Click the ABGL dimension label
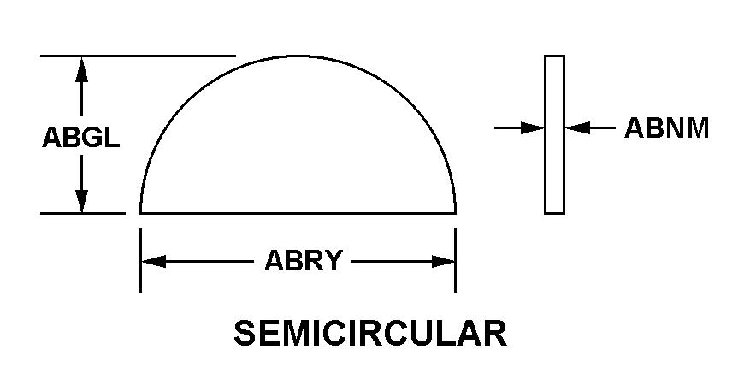(80, 138)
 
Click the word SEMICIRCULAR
(369, 335)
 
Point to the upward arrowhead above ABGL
(82, 68)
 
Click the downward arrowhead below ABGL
(82, 200)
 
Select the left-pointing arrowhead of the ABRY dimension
(153, 261)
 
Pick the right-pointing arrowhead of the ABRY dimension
(443, 261)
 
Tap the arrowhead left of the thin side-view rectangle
(534, 128)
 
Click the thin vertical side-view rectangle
(554, 134)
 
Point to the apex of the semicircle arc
(298, 56)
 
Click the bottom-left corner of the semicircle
(141, 212)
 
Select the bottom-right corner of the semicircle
(455, 212)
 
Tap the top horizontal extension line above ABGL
(137, 56)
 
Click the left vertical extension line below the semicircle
(140, 261)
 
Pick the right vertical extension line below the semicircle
(455, 261)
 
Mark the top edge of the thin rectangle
(554, 56)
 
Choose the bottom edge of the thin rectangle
(554, 212)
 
